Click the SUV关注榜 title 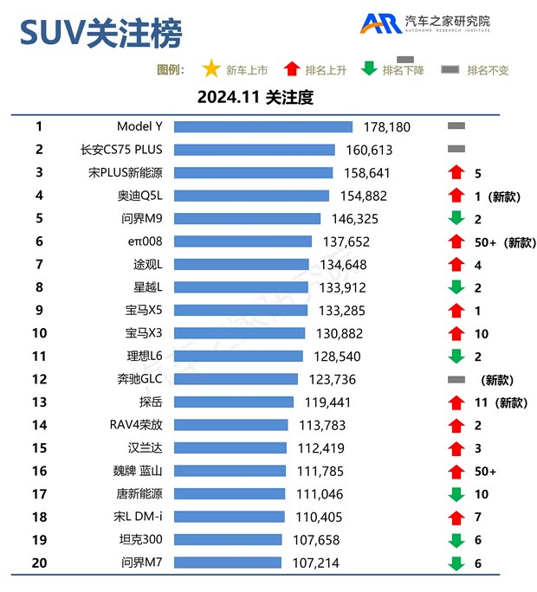101,33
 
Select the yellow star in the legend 210,69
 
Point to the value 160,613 370,150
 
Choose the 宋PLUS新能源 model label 131,173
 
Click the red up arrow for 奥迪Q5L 456,196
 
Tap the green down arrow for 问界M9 456,219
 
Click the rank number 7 39,264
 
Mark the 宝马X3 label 144,333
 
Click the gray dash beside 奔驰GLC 456,379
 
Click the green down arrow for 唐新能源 456,494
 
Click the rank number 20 39,563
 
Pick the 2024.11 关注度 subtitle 255,97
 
